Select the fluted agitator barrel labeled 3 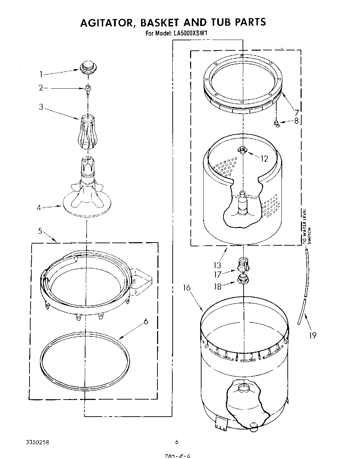pyautogui.click(x=88, y=132)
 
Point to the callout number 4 pyautogui.click(x=39, y=208)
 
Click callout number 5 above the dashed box pyautogui.click(x=40, y=230)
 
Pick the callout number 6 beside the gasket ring pyautogui.click(x=146, y=322)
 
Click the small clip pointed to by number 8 pyautogui.click(x=277, y=123)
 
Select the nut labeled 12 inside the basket pyautogui.click(x=242, y=150)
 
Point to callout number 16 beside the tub pyautogui.click(x=187, y=287)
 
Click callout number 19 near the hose pyautogui.click(x=313, y=335)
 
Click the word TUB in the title pyautogui.click(x=221, y=23)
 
